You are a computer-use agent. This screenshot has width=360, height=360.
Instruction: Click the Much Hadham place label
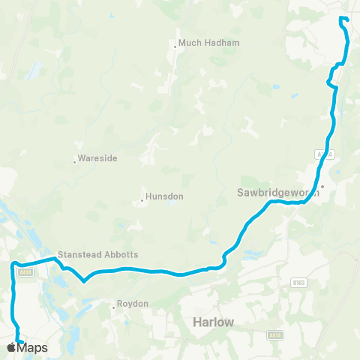(x=209, y=43)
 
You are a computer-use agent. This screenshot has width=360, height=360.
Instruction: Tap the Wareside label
(x=97, y=159)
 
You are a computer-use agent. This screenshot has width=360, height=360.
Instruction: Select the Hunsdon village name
(x=163, y=196)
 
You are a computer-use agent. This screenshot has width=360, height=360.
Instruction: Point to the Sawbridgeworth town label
(x=273, y=192)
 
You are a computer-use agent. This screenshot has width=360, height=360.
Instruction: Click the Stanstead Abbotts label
(x=98, y=254)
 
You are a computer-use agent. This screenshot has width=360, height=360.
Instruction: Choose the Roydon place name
(x=133, y=304)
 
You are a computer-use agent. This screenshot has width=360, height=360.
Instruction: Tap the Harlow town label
(x=213, y=321)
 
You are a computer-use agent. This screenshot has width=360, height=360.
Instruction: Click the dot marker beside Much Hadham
(x=175, y=46)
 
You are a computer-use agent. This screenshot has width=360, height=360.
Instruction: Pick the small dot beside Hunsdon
(x=142, y=200)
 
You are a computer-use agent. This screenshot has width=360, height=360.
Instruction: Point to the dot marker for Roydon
(x=113, y=305)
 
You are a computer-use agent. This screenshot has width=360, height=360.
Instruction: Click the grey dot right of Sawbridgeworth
(x=322, y=187)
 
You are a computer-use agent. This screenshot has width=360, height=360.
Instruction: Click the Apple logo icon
(x=11, y=348)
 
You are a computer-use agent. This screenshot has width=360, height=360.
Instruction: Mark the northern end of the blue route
(x=341, y=18)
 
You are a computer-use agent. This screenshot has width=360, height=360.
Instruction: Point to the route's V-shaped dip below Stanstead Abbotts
(x=85, y=282)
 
